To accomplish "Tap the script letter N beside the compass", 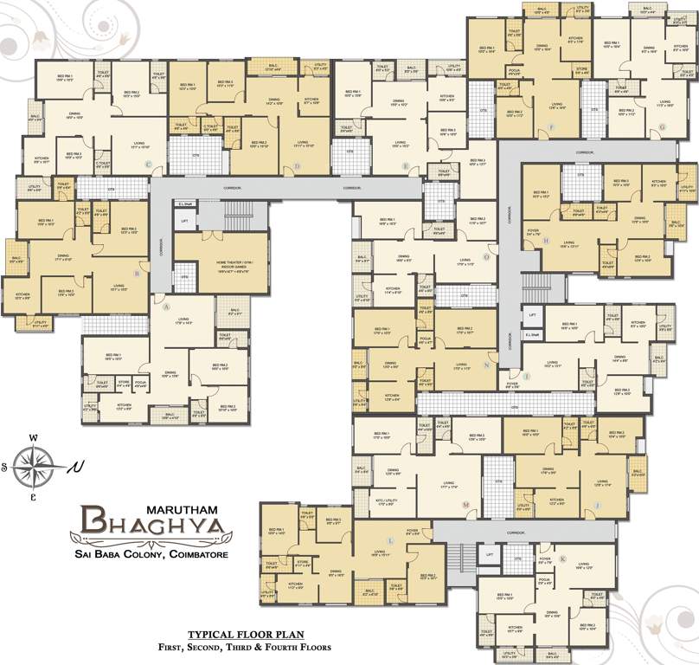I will click(79, 468).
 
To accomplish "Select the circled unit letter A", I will click(165, 305).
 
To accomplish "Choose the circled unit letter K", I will click(563, 559).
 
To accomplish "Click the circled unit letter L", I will click(390, 539).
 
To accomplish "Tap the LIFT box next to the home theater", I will click(184, 221).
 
